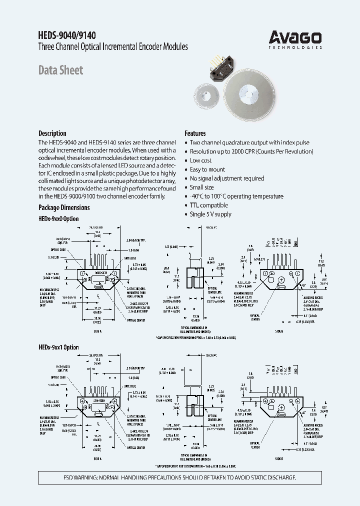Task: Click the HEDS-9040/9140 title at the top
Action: pyautogui.click(x=67, y=35)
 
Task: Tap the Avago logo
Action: pyautogui.click(x=295, y=37)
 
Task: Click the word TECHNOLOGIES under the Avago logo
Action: pyautogui.click(x=295, y=47)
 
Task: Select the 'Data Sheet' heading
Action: pyautogui.click(x=61, y=70)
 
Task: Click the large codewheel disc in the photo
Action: pyautogui.click(x=248, y=97)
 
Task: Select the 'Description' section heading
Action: pyautogui.click(x=52, y=133)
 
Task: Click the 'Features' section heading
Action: pyautogui.click(x=195, y=133)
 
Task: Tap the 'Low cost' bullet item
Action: pyautogui.click(x=200, y=160)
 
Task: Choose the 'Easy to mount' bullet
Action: pyautogui.click(x=207, y=169)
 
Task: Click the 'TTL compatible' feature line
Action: pyautogui.click(x=208, y=205)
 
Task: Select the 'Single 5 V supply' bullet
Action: pyautogui.click(x=210, y=214)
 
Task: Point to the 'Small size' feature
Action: pyautogui.click(x=201, y=187)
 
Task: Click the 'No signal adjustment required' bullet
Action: pyautogui.click(x=226, y=178)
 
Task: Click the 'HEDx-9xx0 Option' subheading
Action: pyautogui.click(x=58, y=219)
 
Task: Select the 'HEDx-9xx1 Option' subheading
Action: pyautogui.click(x=58, y=347)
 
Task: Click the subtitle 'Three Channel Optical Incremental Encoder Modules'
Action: pyautogui.click(x=113, y=47)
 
